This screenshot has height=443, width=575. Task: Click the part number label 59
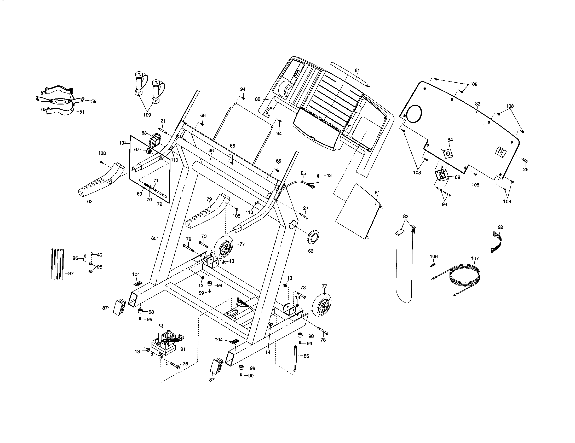[x=94, y=101]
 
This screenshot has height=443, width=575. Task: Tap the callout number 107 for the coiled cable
[x=475, y=259]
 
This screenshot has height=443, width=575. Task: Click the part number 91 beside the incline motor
[x=183, y=349]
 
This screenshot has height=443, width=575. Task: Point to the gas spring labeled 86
[x=295, y=358]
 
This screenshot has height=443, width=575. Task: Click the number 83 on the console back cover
[x=478, y=104]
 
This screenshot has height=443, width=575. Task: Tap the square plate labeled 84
[x=448, y=153]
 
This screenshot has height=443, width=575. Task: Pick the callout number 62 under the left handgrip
[x=90, y=202]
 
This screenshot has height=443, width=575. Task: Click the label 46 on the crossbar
[x=211, y=151]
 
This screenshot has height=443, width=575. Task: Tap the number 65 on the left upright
[x=154, y=238]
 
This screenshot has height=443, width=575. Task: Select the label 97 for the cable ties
[x=71, y=273]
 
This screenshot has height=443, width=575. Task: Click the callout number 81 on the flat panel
[x=377, y=193]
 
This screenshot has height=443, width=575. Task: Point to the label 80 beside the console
[x=258, y=99]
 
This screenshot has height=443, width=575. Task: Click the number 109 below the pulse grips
[x=147, y=115]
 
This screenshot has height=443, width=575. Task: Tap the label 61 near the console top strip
[x=357, y=71]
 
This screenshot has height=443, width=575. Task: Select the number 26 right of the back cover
[x=526, y=170]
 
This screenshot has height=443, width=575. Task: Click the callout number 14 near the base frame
[x=268, y=352]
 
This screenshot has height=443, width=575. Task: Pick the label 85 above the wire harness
[x=303, y=173]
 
